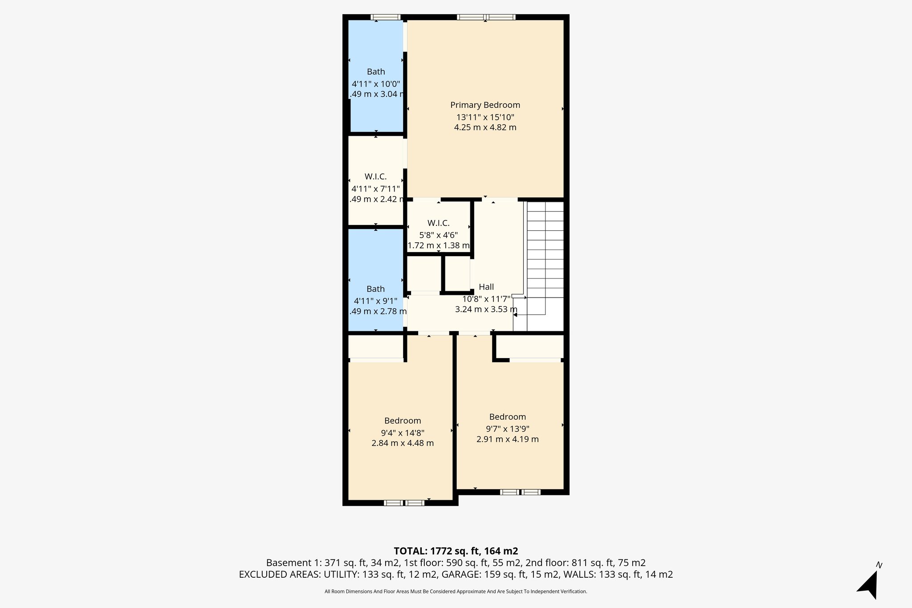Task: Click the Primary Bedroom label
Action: point(485,105)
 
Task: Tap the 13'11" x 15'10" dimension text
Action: point(485,117)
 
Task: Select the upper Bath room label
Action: point(376,72)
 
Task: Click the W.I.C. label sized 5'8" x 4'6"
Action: point(438,223)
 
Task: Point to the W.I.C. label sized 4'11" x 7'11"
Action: point(375,177)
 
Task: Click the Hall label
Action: point(486,287)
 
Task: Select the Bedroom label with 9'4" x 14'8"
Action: point(403,421)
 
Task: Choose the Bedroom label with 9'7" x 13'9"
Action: point(507,417)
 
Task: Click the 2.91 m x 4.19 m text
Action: point(507,439)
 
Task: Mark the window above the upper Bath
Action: point(386,17)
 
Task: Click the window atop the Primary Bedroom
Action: point(486,17)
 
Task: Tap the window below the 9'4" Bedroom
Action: point(404,503)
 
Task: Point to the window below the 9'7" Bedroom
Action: point(520,492)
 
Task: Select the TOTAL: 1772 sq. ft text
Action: point(456,551)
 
